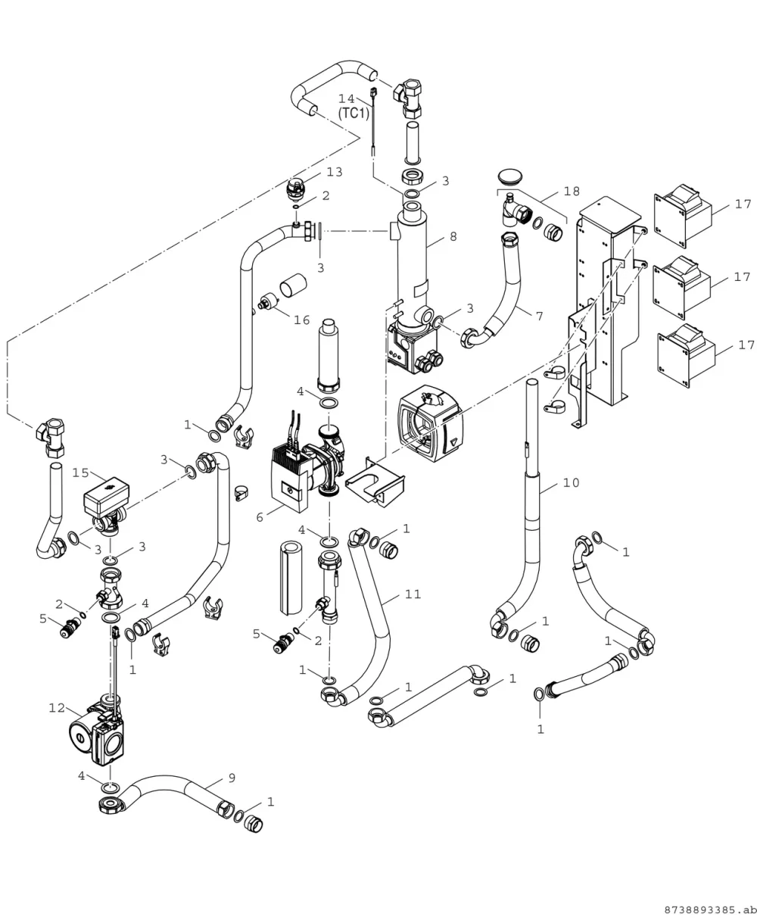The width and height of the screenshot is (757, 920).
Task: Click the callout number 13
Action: point(335,172)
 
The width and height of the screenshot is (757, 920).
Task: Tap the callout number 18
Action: point(572,191)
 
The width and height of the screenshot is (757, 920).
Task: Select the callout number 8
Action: point(453,236)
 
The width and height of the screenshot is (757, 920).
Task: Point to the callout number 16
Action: point(301,320)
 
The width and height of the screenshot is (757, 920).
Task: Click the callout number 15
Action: point(80,472)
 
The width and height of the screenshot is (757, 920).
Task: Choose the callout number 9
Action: point(232,778)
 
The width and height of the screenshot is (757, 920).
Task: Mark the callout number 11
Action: point(413,594)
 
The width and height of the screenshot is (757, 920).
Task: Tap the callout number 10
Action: point(572,482)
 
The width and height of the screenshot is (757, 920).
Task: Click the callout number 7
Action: point(540,316)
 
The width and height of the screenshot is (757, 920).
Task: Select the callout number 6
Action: point(260,517)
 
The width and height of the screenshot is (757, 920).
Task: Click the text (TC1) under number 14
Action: point(354,114)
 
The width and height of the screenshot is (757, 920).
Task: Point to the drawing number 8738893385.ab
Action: point(710,910)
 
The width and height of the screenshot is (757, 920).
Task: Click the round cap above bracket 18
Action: point(509,176)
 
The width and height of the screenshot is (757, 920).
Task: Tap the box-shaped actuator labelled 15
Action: point(105,494)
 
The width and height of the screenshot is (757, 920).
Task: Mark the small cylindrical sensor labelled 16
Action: point(269,301)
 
